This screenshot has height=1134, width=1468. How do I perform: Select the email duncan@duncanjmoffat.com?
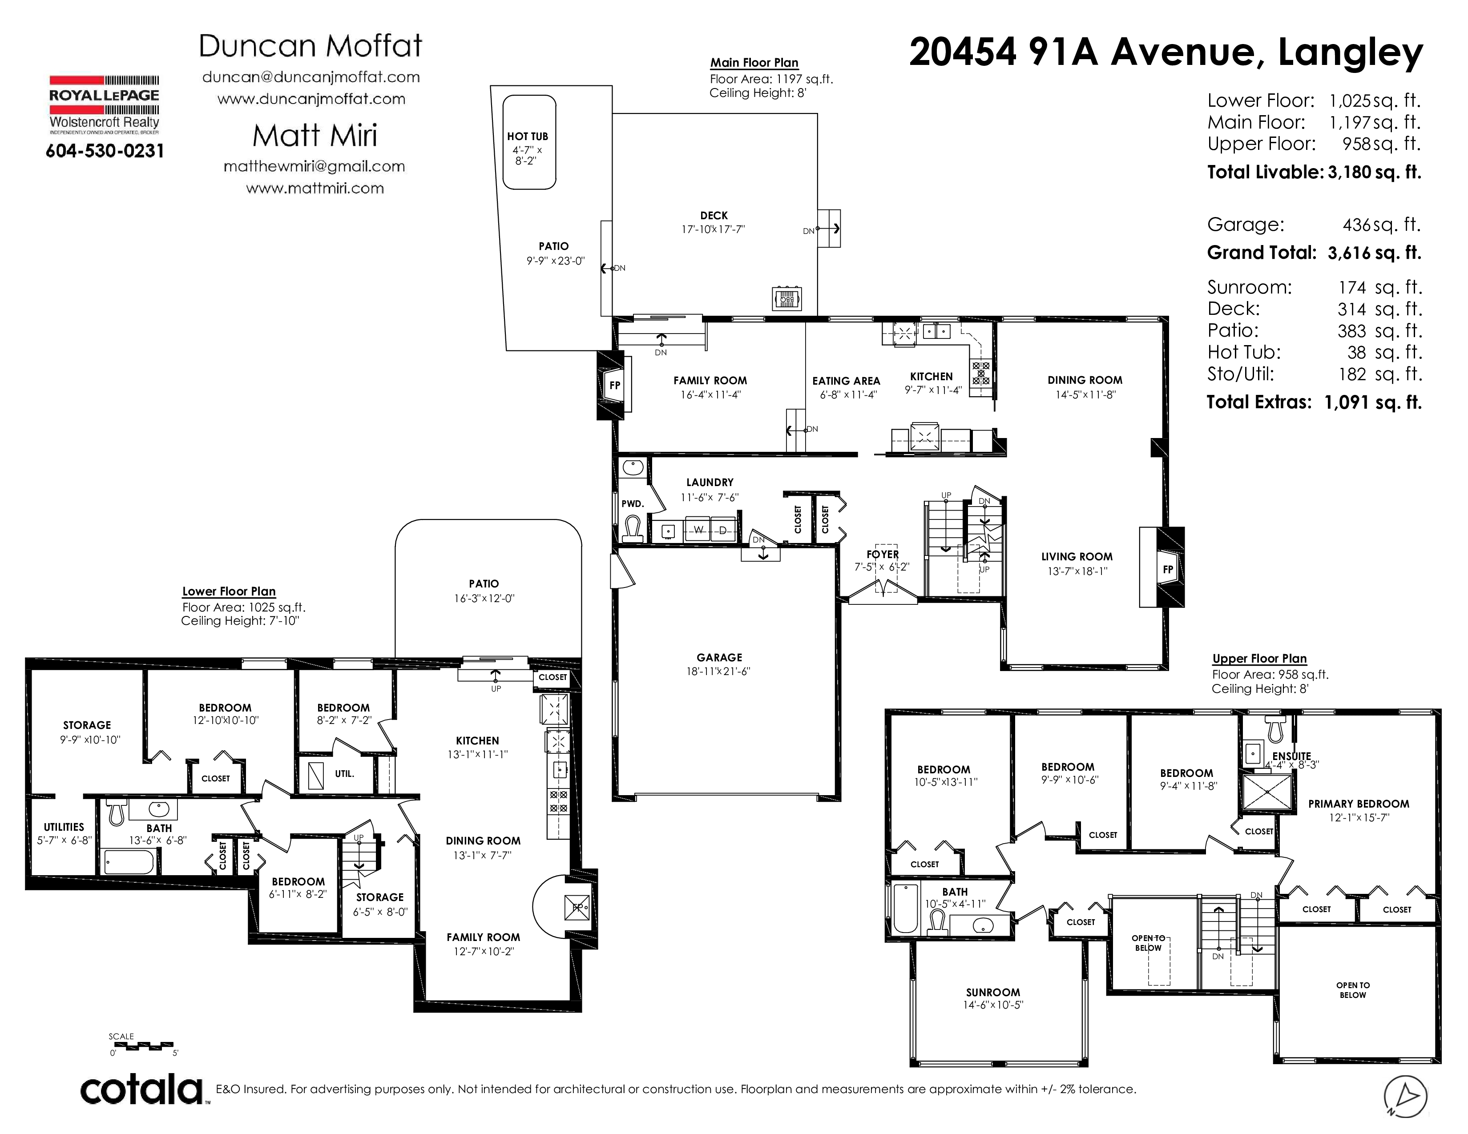311,77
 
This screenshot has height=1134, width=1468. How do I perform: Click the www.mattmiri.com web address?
315,189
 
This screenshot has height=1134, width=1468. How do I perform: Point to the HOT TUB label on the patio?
528,137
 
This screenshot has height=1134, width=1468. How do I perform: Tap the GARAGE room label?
719,658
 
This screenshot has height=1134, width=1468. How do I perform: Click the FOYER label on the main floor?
883,554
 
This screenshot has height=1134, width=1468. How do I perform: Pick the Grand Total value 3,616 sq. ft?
1375,253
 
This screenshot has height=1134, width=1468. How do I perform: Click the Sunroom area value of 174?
1352,288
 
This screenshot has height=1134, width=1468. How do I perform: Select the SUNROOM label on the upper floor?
993,992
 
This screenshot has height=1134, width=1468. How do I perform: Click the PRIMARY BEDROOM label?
1359,804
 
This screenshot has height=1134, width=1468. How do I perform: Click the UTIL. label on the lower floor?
344,774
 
